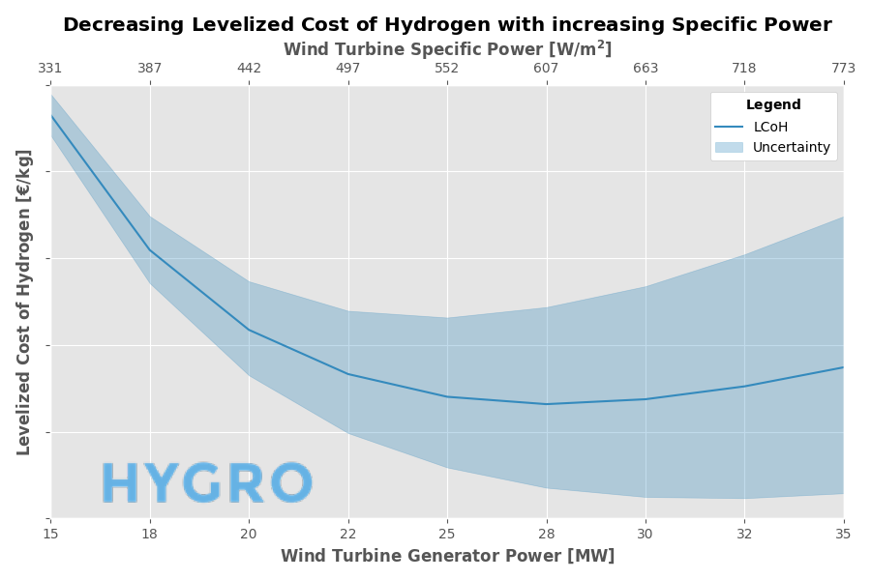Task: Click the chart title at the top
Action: pyautogui.click(x=447, y=25)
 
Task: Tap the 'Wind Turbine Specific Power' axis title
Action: pyautogui.click(x=447, y=48)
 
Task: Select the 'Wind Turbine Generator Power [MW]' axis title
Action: pyautogui.click(x=447, y=556)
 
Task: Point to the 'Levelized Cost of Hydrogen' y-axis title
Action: pyautogui.click(x=24, y=302)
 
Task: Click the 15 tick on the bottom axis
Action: pyautogui.click(x=50, y=533)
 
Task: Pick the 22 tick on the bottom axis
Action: pyautogui.click(x=348, y=533)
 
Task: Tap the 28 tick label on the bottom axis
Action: pyautogui.click(x=547, y=533)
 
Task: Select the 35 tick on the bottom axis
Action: pyautogui.click(x=843, y=533)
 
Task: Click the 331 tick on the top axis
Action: pyautogui.click(x=50, y=69)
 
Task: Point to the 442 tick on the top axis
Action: pyautogui.click(x=249, y=69)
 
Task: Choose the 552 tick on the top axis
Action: pyautogui.click(x=447, y=69)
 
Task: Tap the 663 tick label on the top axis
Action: pyautogui.click(x=646, y=69)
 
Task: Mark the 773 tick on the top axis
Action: pyautogui.click(x=843, y=69)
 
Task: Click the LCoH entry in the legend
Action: pyautogui.click(x=770, y=127)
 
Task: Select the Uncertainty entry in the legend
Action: pyautogui.click(x=791, y=147)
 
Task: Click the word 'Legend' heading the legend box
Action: pyautogui.click(x=773, y=105)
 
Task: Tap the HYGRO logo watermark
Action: pyautogui.click(x=207, y=484)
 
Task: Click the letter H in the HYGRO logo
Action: pyautogui.click(x=121, y=484)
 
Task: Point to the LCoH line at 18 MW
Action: pyautogui.click(x=150, y=250)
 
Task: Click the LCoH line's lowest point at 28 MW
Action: pyautogui.click(x=547, y=404)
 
